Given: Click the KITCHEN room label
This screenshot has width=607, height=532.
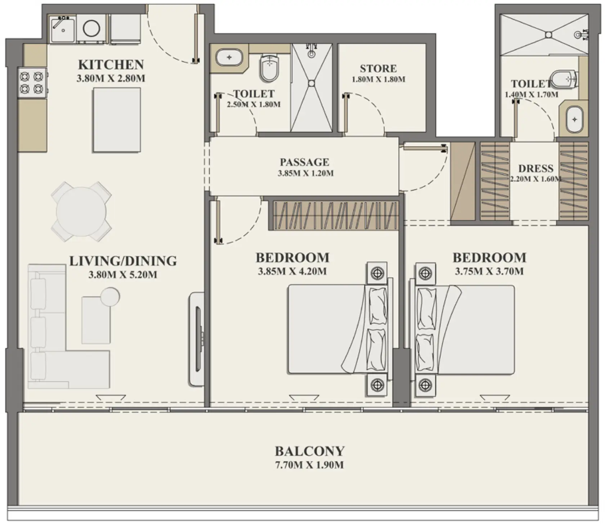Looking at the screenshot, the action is (x=111, y=65).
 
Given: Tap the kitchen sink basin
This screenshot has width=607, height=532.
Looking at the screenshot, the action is (x=63, y=29).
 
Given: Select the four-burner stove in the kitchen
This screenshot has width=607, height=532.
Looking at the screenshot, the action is (x=32, y=82).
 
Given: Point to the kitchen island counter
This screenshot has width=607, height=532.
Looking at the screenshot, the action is (x=117, y=120).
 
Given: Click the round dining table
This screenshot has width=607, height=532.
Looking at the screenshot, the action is (x=81, y=211).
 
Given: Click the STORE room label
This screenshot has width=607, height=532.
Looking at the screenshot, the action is (x=378, y=69).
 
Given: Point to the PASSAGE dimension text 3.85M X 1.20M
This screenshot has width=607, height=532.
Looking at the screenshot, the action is (x=305, y=173).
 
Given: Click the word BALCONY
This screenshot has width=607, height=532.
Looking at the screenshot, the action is (x=310, y=451).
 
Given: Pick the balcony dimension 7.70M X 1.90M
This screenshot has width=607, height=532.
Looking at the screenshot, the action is (x=309, y=465).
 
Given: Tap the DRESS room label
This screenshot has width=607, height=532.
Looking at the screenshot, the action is (x=536, y=169).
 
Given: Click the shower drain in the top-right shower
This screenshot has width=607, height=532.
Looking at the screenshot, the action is (x=548, y=35).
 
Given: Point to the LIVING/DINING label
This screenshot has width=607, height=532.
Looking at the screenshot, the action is (x=123, y=261).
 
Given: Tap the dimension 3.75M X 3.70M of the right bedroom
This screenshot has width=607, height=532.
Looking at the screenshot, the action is (x=489, y=271).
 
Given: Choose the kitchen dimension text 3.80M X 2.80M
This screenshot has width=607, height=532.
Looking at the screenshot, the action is (x=111, y=78).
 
